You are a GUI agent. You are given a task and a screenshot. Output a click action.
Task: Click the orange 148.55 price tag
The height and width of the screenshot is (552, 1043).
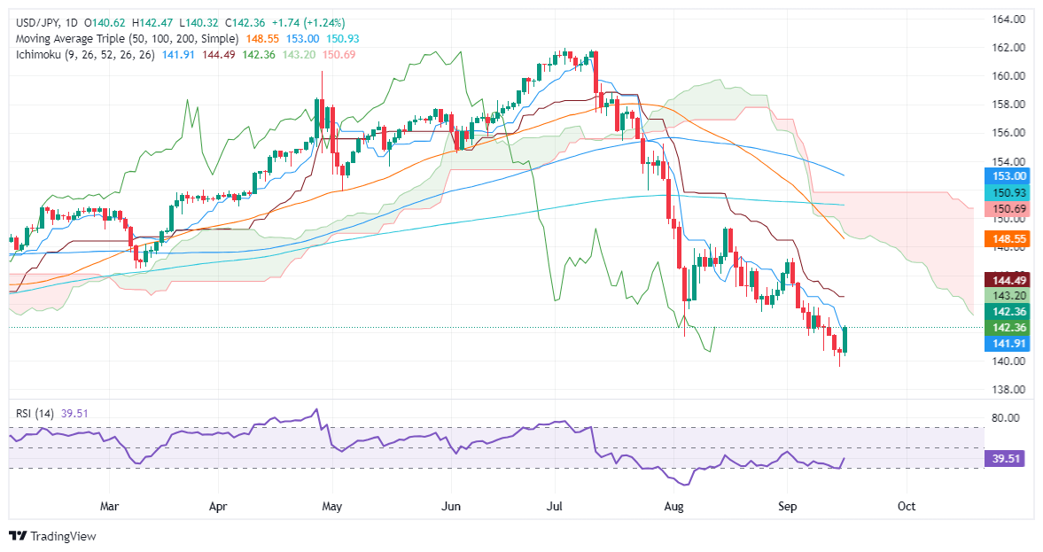[x=1004, y=239]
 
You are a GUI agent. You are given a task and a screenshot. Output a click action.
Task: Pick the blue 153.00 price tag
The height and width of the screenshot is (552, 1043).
[x=1004, y=177]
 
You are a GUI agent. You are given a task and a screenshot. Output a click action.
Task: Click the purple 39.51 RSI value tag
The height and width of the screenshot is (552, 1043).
[x=1004, y=459]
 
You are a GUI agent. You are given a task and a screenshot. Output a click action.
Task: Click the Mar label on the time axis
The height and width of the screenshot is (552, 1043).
[x=110, y=506]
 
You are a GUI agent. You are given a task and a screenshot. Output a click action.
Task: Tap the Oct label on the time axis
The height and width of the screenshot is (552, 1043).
[x=905, y=506]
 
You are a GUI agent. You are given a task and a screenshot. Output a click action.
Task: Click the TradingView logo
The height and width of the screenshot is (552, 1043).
[x=53, y=536]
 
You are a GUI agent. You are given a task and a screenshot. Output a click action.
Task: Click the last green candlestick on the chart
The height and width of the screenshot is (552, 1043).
[x=845, y=339]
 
